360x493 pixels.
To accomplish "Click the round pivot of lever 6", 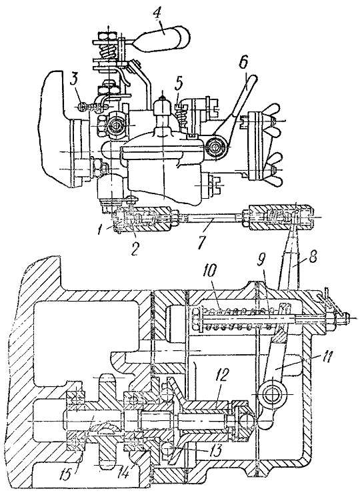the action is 216,146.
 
